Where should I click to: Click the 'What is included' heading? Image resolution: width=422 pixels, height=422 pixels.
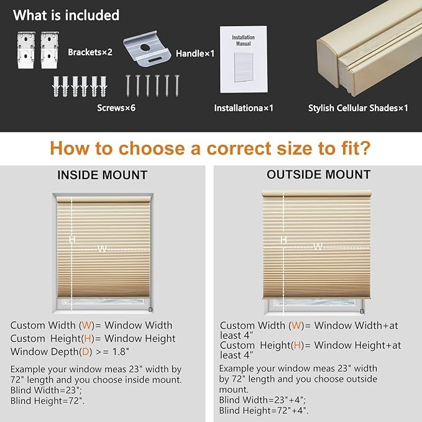click(x=67, y=15)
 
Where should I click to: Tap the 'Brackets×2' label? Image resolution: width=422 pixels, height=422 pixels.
click(x=90, y=52)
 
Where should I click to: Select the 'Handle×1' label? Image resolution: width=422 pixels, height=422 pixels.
click(x=195, y=53)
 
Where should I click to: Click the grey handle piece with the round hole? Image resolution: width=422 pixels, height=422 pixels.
click(x=147, y=48)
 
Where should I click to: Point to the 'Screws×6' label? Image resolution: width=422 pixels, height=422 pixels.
click(x=116, y=108)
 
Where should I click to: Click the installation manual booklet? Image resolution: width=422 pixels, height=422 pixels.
click(x=244, y=59)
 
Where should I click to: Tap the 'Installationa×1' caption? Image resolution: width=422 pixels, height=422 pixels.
click(x=244, y=108)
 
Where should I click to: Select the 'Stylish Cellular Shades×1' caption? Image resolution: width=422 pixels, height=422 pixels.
click(x=358, y=108)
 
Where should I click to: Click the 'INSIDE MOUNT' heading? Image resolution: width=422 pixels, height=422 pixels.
click(x=103, y=175)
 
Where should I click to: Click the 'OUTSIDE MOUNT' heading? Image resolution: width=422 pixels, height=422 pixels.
click(x=319, y=175)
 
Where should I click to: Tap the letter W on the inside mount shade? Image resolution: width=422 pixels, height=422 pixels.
click(x=102, y=249)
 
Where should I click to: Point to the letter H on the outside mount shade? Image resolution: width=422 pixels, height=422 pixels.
click(x=283, y=239)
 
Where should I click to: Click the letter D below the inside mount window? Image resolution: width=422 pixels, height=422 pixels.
click(x=150, y=310)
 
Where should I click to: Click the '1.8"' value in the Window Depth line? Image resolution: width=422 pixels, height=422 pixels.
click(x=121, y=352)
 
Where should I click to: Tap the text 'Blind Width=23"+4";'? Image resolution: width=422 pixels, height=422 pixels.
click(x=262, y=400)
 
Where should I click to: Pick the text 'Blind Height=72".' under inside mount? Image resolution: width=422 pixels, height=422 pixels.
click(x=47, y=401)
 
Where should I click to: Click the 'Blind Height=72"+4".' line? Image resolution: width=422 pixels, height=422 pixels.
click(x=264, y=410)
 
